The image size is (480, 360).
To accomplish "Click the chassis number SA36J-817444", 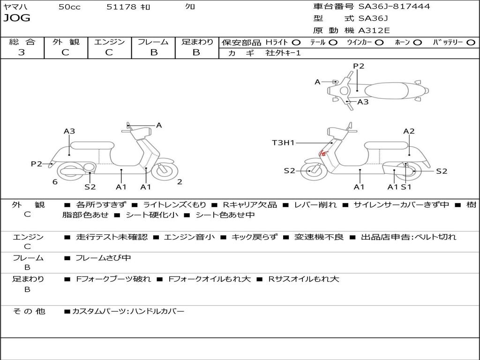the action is [x=394, y=7].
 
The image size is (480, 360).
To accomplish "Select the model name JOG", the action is [x=17, y=18].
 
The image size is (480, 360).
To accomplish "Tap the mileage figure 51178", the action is [x=122, y=7].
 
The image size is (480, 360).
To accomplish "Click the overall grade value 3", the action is [x=22, y=52].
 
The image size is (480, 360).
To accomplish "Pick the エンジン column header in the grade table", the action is [x=109, y=42].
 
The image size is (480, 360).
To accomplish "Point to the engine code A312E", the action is [x=374, y=30].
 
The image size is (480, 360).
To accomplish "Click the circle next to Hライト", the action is [x=296, y=42].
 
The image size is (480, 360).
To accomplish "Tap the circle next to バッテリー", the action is [x=471, y=42].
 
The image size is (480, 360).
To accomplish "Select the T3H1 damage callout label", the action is [x=283, y=142].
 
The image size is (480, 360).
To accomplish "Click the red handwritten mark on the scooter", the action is [x=322, y=152].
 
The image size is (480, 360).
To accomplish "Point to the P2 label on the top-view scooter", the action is [x=359, y=66].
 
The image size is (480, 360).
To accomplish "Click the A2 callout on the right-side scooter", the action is [x=409, y=131].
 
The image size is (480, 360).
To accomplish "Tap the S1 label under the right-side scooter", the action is [x=406, y=187].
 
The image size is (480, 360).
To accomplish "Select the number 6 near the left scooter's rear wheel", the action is [x=55, y=182].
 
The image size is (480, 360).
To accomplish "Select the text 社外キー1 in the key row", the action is [x=283, y=53].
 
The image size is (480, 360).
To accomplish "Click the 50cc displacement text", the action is [x=69, y=7].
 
